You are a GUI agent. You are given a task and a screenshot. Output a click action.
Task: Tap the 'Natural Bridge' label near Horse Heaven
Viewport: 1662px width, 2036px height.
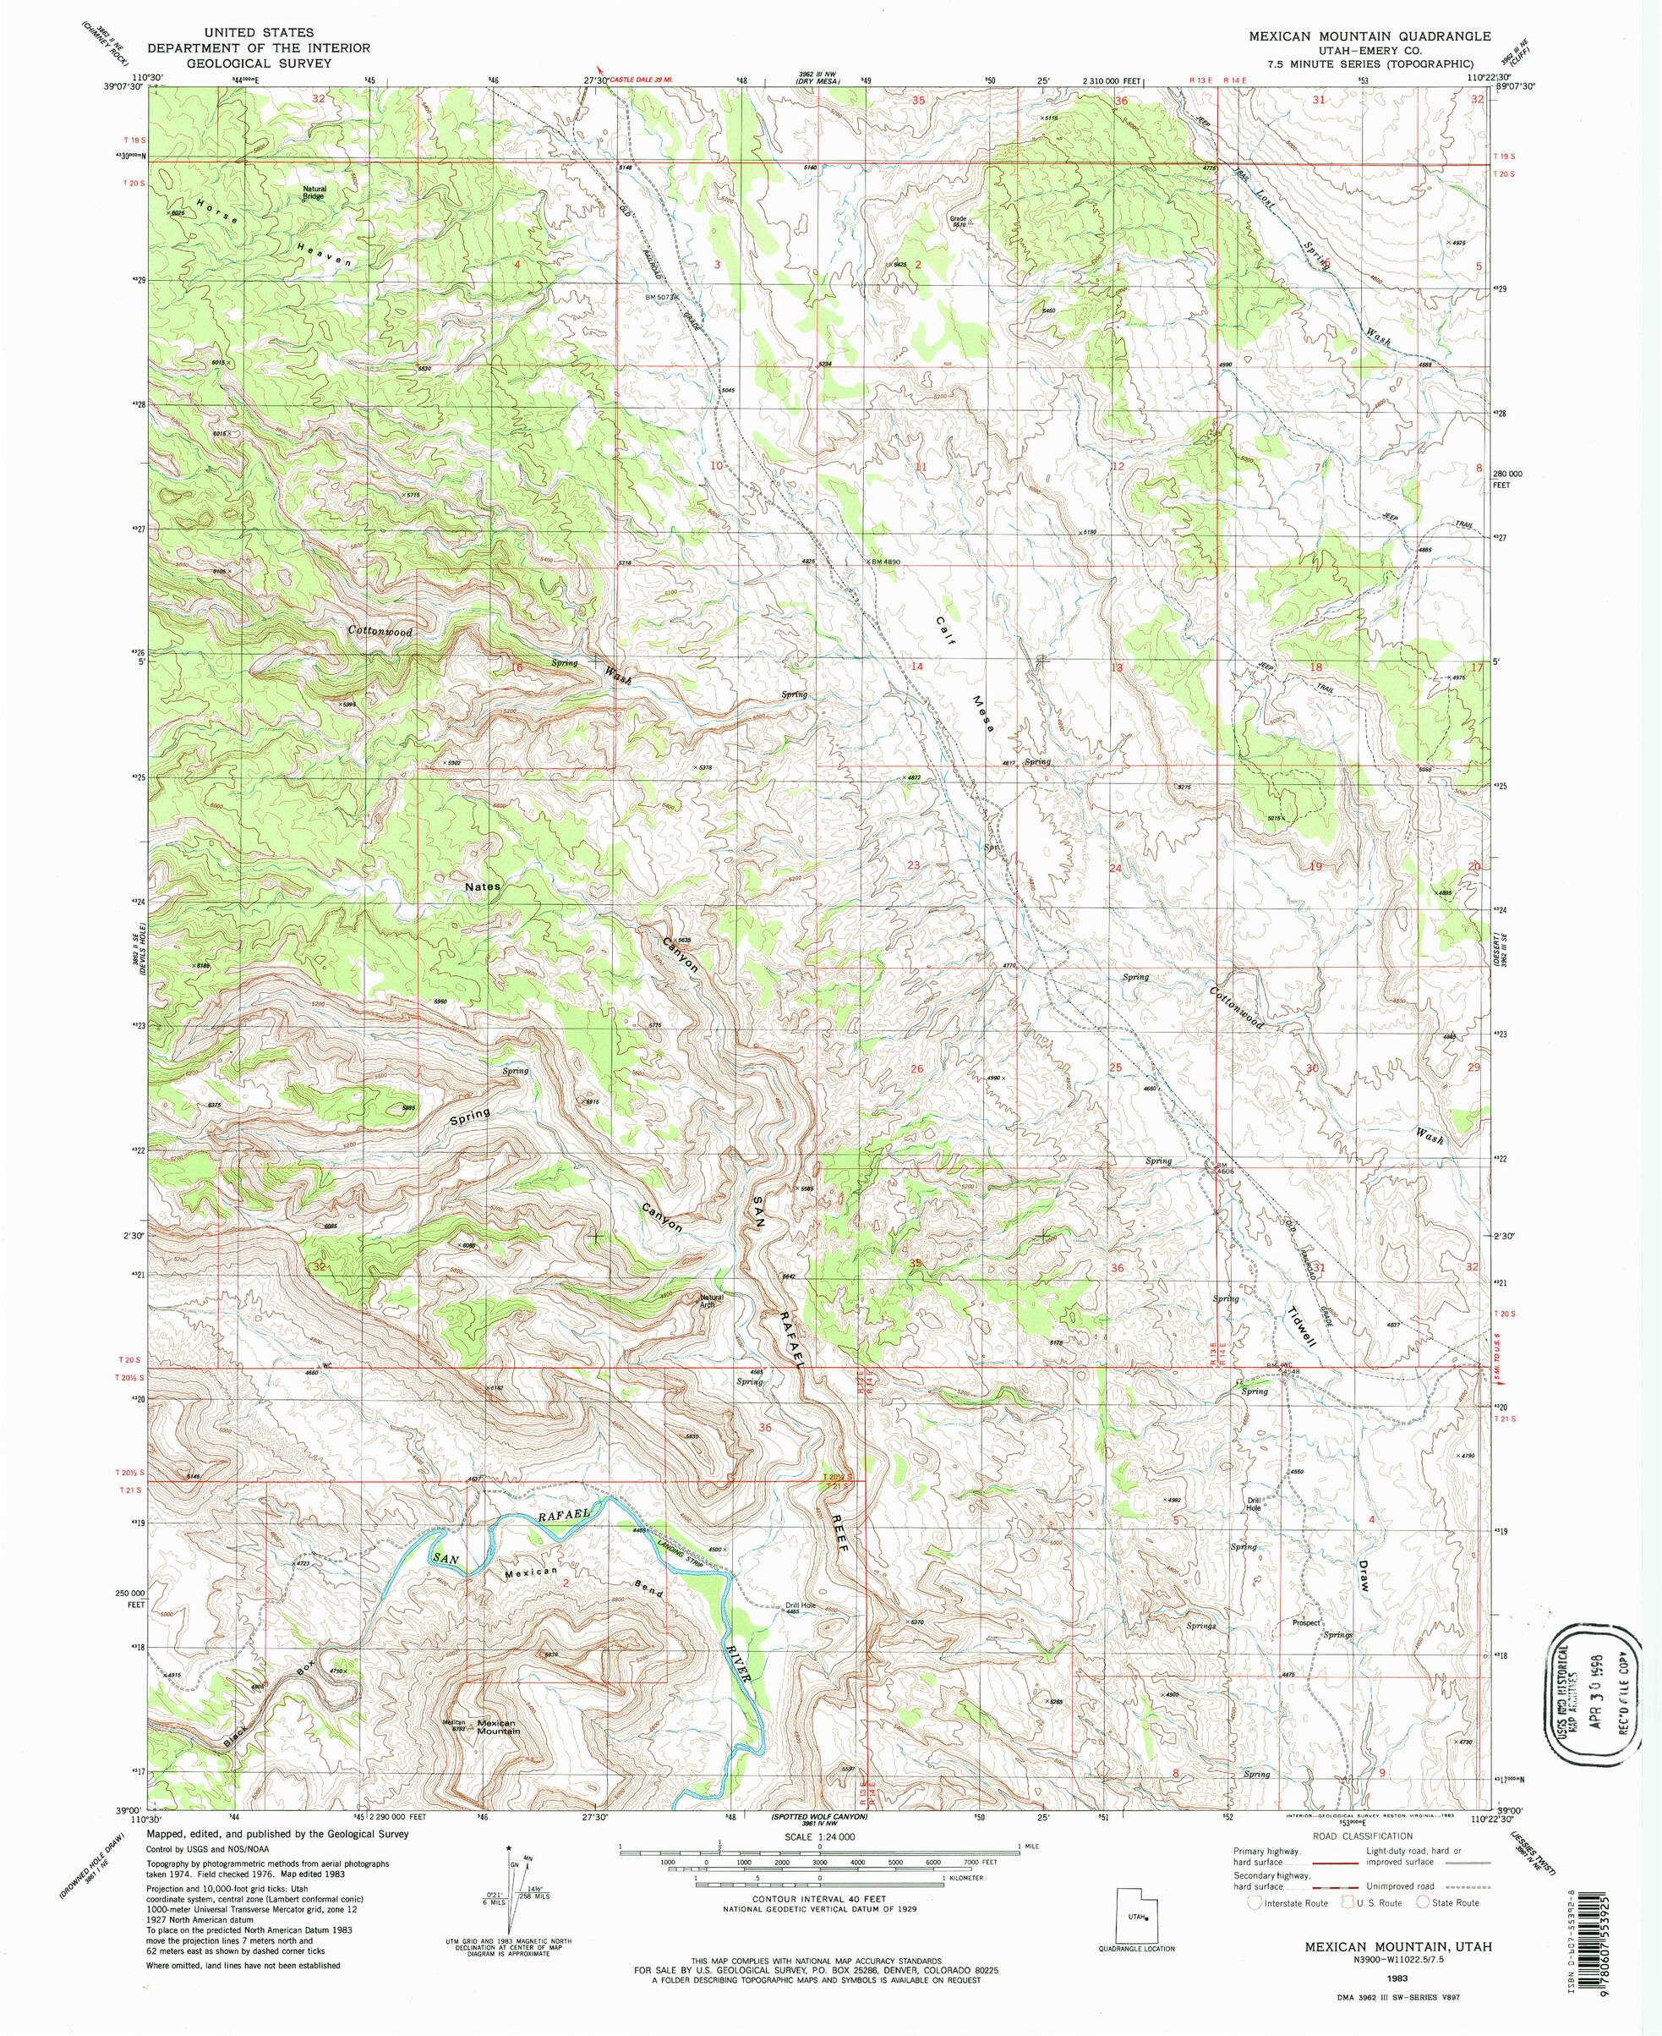click(x=315, y=193)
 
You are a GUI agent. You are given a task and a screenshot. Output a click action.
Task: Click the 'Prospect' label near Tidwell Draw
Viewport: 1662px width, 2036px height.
click(x=1306, y=1622)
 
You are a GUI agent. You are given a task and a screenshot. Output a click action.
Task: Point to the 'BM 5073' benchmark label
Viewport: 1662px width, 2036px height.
click(x=662, y=296)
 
